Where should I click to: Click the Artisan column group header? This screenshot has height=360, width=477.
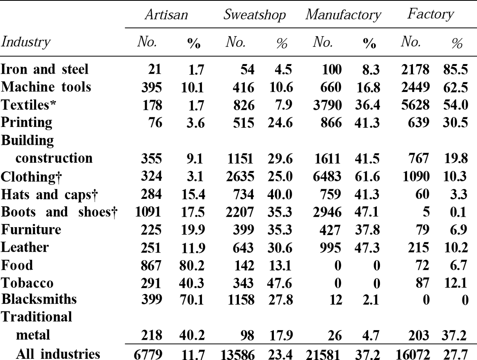click(167, 15)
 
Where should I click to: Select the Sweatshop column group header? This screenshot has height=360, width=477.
click(254, 15)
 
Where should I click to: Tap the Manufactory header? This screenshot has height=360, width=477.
click(343, 15)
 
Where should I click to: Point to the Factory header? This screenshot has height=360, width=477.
click(430, 15)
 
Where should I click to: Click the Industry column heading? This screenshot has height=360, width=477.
click(25, 42)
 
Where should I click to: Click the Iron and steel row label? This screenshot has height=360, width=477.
click(45, 69)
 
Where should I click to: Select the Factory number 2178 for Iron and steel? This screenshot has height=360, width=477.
click(415, 70)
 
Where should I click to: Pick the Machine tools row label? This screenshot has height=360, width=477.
click(46, 87)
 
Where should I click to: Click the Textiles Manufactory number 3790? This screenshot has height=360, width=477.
click(327, 105)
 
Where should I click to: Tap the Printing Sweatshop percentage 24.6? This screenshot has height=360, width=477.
click(280, 123)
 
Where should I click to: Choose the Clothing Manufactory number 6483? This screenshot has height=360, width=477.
click(327, 176)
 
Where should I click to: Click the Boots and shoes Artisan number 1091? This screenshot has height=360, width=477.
click(148, 212)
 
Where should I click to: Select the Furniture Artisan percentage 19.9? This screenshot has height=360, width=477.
click(193, 230)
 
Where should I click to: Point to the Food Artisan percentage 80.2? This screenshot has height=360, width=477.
click(192, 265)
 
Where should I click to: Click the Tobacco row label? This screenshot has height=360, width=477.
click(27, 283)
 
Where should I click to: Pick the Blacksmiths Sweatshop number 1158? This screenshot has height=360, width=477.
click(241, 300)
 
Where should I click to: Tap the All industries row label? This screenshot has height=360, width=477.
click(58, 354)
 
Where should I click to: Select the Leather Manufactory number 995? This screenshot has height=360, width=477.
click(330, 247)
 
